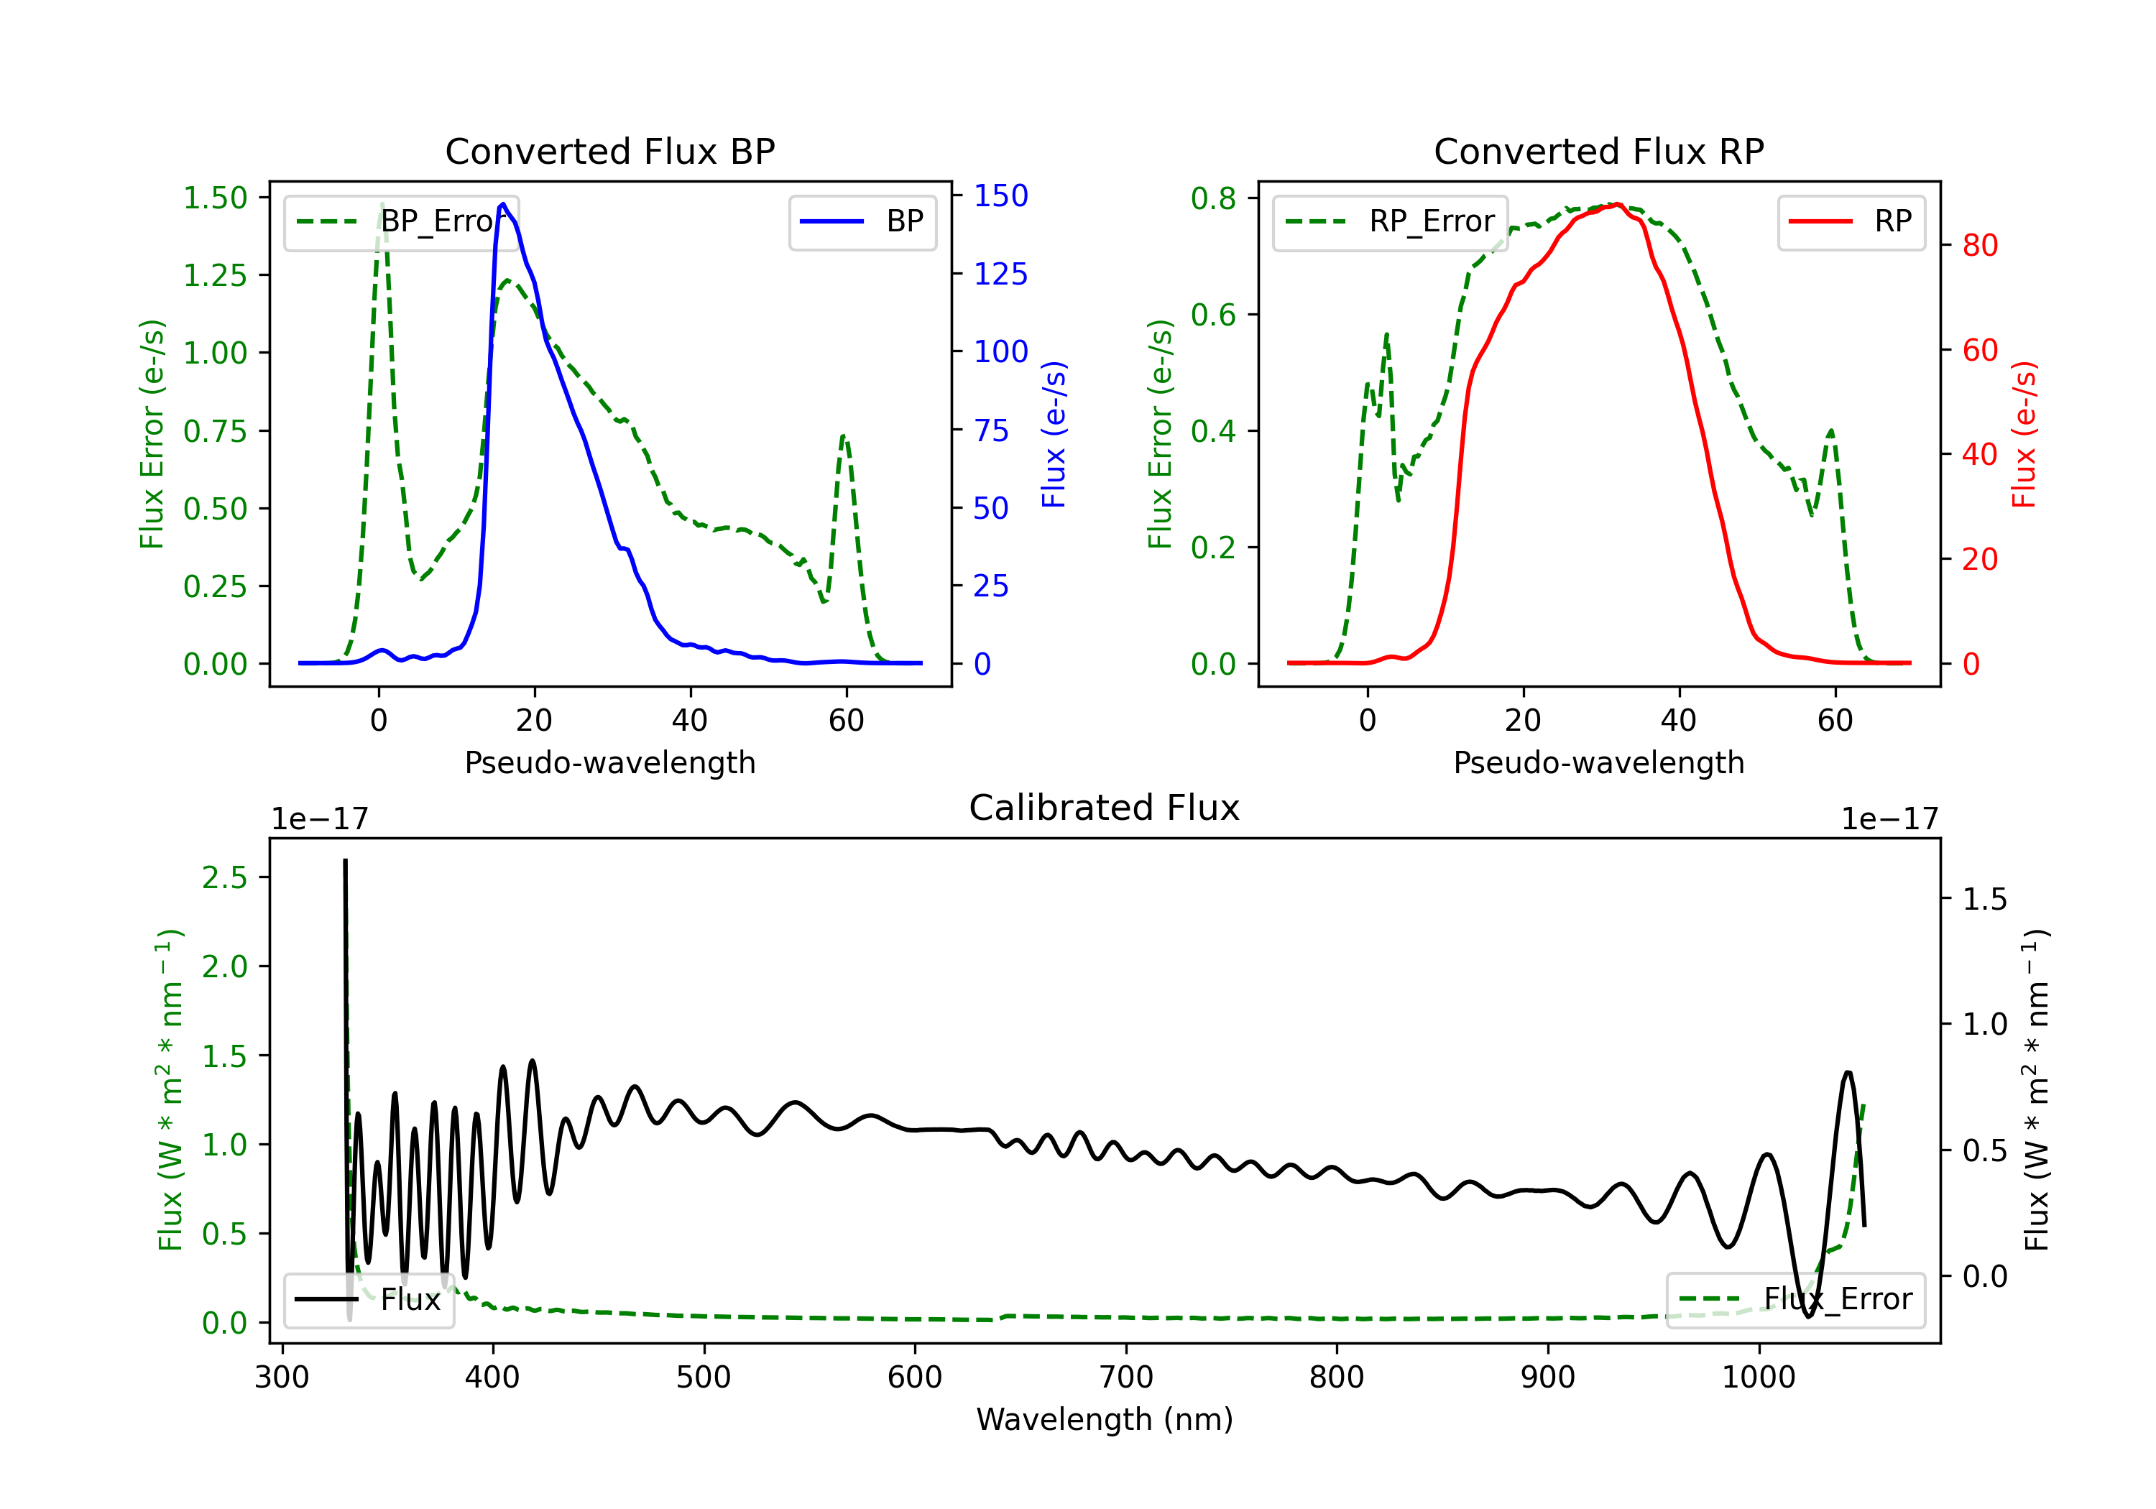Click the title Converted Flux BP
click(609, 151)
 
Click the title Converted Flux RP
click(1598, 151)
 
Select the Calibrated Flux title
click(1105, 808)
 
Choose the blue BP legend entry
click(862, 221)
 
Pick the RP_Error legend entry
click(1390, 221)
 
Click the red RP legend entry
click(1851, 221)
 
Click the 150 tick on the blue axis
click(1001, 195)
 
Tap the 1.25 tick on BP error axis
click(215, 275)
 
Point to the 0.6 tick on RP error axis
click(1213, 315)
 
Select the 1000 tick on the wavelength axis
click(1759, 1378)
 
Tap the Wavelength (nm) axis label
click(1105, 1420)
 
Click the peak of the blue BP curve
click(503, 204)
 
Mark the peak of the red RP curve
click(1617, 204)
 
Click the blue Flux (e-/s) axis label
click(1054, 435)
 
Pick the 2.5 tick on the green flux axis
click(224, 878)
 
